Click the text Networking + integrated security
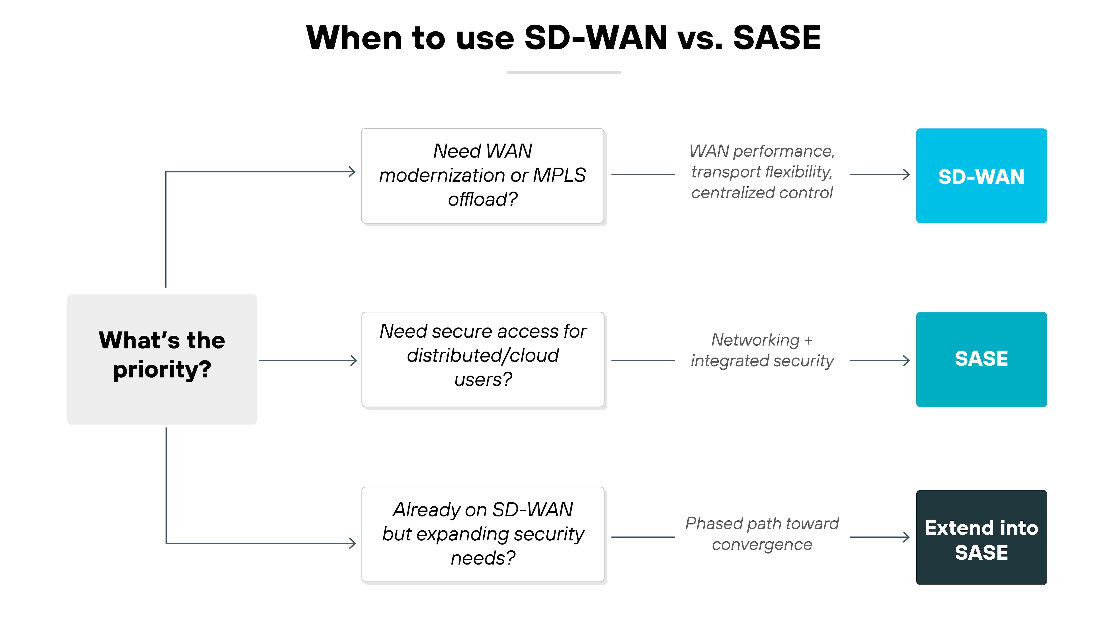click(762, 350)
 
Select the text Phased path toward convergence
click(762, 534)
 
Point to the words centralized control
click(762, 193)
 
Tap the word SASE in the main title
click(777, 38)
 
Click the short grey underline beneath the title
click(564, 72)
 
